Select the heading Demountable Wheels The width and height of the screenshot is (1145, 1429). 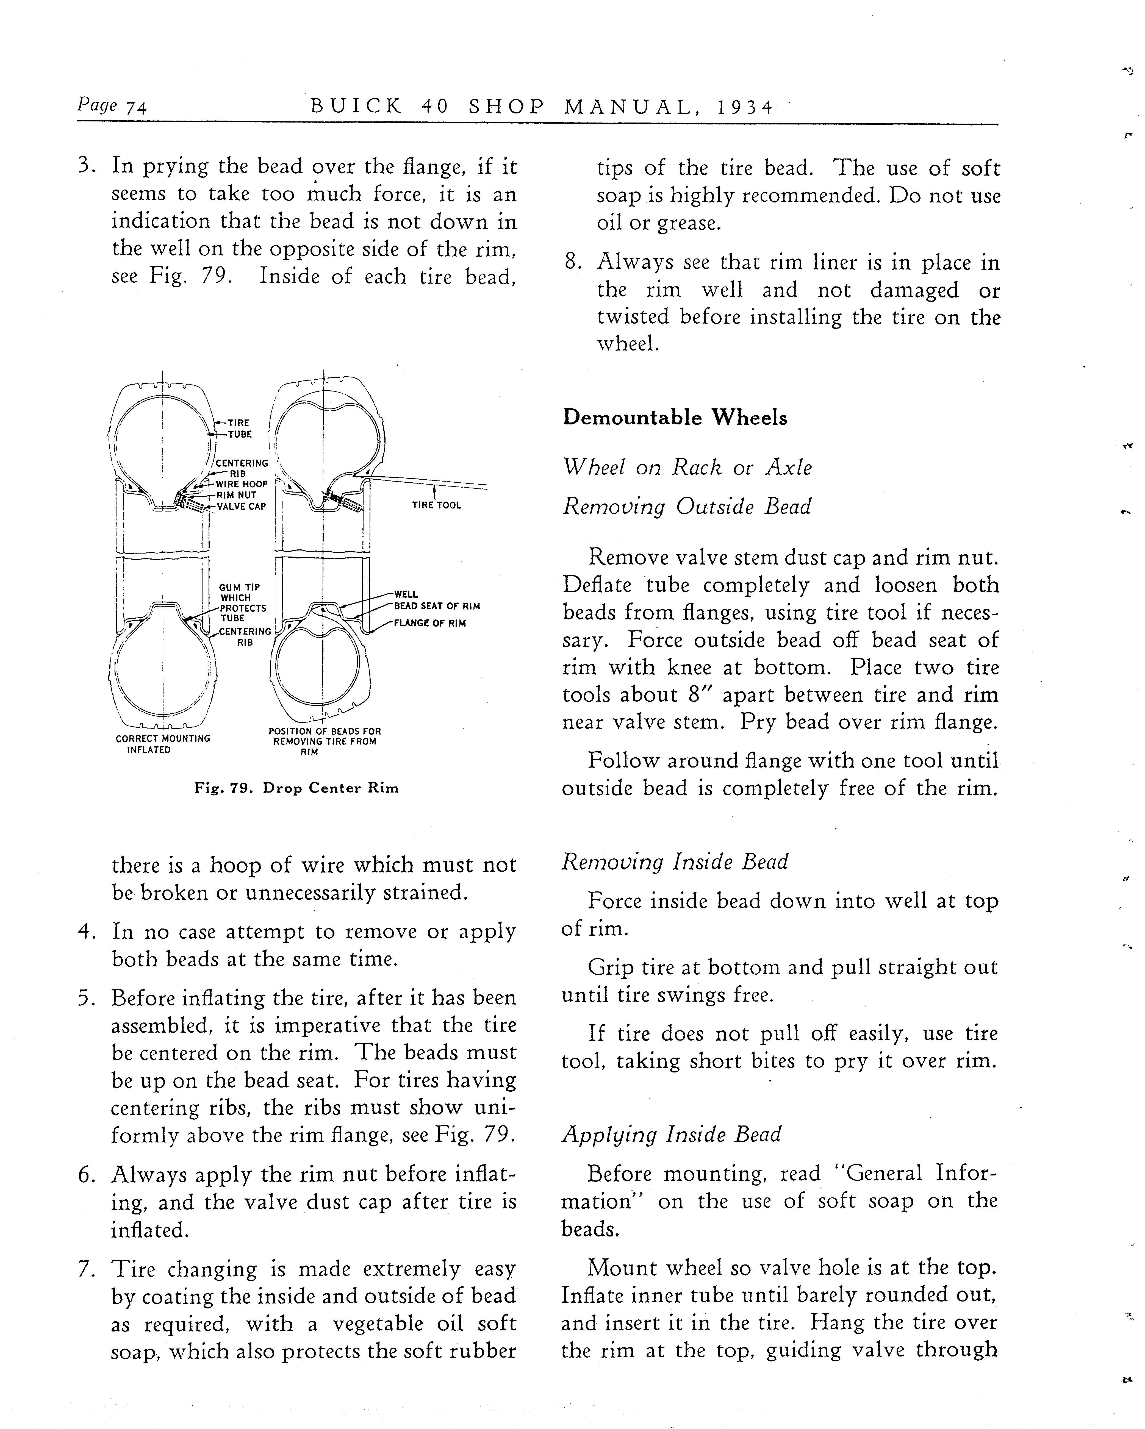(x=675, y=418)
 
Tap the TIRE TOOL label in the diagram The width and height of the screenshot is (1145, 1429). (x=436, y=505)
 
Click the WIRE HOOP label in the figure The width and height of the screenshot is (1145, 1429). (x=241, y=485)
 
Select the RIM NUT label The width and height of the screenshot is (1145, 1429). (x=236, y=495)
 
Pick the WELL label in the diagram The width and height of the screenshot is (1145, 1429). (x=406, y=594)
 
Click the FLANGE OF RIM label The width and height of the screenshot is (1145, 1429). (x=430, y=623)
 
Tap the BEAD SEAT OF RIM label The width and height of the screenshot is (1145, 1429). (x=437, y=606)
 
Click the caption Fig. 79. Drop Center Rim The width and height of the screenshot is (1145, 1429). (x=296, y=788)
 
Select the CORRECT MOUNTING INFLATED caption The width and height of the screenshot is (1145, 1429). (x=162, y=744)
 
